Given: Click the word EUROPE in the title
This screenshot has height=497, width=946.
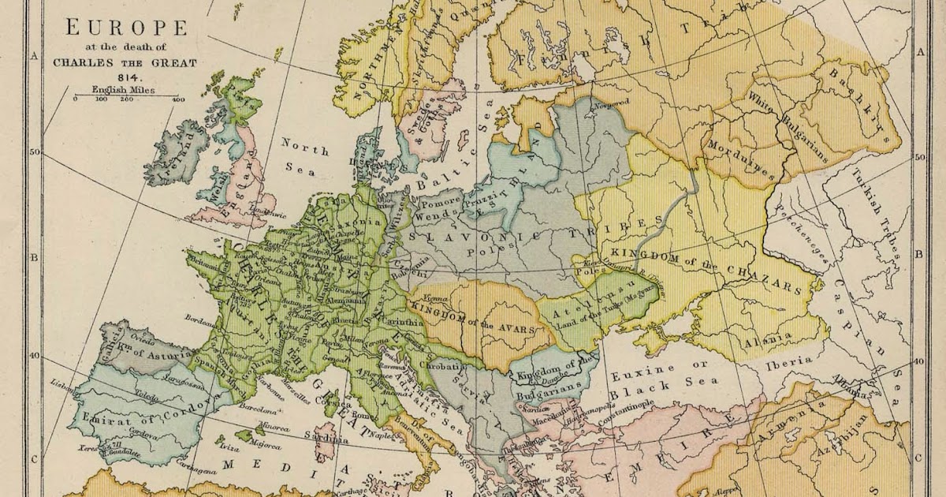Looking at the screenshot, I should tap(126, 28).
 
